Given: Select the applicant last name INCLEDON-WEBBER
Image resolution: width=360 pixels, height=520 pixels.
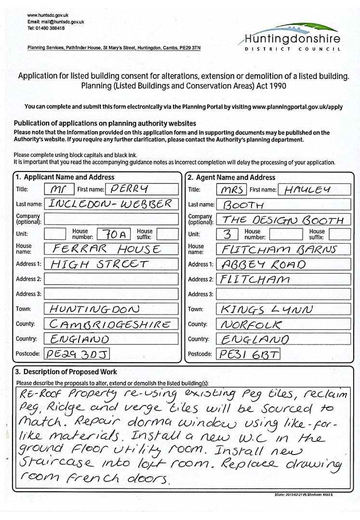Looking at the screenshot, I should (111, 204).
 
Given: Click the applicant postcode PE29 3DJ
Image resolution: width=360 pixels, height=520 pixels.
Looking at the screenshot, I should (77, 354).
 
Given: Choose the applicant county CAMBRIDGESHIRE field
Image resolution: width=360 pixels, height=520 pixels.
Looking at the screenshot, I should (111, 324).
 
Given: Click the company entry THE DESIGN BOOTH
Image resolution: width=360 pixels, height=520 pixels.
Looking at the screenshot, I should (283, 220).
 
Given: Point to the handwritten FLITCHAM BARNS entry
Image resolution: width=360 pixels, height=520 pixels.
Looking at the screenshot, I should (283, 249).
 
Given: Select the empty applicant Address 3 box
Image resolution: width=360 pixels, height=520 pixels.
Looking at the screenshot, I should (111, 294).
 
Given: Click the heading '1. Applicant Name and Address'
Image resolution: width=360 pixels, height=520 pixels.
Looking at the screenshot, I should (65, 177).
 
